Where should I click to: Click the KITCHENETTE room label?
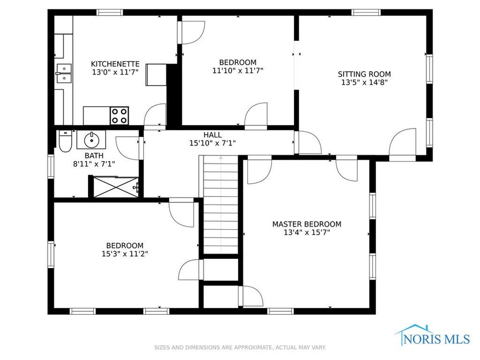click(115, 64)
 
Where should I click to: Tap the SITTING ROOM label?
click(365, 74)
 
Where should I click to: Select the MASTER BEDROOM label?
click(306, 224)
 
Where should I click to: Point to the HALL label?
click(213, 135)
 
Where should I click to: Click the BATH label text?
click(94, 155)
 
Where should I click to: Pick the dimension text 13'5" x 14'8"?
click(365, 83)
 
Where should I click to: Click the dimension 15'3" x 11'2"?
click(125, 254)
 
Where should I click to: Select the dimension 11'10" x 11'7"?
click(238, 71)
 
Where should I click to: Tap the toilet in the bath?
click(65, 141)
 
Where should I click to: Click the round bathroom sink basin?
click(91, 140)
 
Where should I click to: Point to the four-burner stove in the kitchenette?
click(119, 116)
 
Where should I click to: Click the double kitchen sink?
click(64, 73)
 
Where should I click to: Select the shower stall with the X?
click(115, 187)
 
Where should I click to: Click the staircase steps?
click(221, 205)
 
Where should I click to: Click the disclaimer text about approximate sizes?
click(240, 347)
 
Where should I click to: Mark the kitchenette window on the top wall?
click(109, 13)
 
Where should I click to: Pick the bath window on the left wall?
click(51, 166)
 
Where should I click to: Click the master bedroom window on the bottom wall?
click(280, 311)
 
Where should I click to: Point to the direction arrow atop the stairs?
click(221, 158)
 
